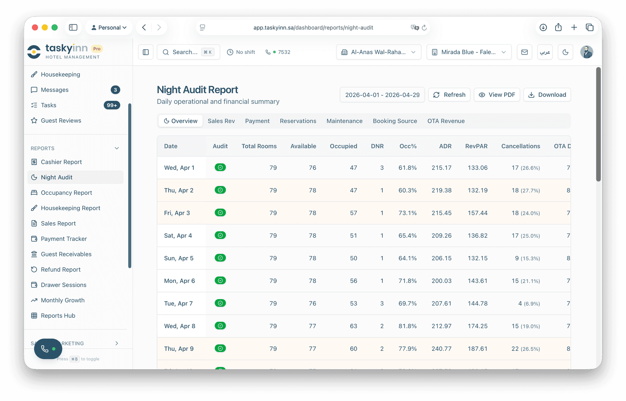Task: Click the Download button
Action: point(547,95)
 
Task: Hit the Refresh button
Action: point(449,95)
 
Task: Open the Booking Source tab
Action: point(395,121)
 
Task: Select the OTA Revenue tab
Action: point(446,121)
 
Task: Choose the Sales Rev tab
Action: point(221,121)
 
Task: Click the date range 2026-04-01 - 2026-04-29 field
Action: point(382,95)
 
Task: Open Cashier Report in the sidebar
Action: point(61,162)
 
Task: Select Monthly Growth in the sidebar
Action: point(63,300)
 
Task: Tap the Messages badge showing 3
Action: point(115,90)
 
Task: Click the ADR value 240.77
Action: point(441,349)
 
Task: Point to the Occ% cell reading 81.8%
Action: point(407,326)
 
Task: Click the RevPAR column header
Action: point(476,146)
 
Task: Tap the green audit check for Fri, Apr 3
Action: point(220,213)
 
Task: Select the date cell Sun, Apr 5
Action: point(179,258)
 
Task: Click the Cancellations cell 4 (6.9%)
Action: point(529,304)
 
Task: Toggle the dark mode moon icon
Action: point(565,52)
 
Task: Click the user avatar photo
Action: point(586,52)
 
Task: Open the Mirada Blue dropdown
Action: point(469,52)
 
